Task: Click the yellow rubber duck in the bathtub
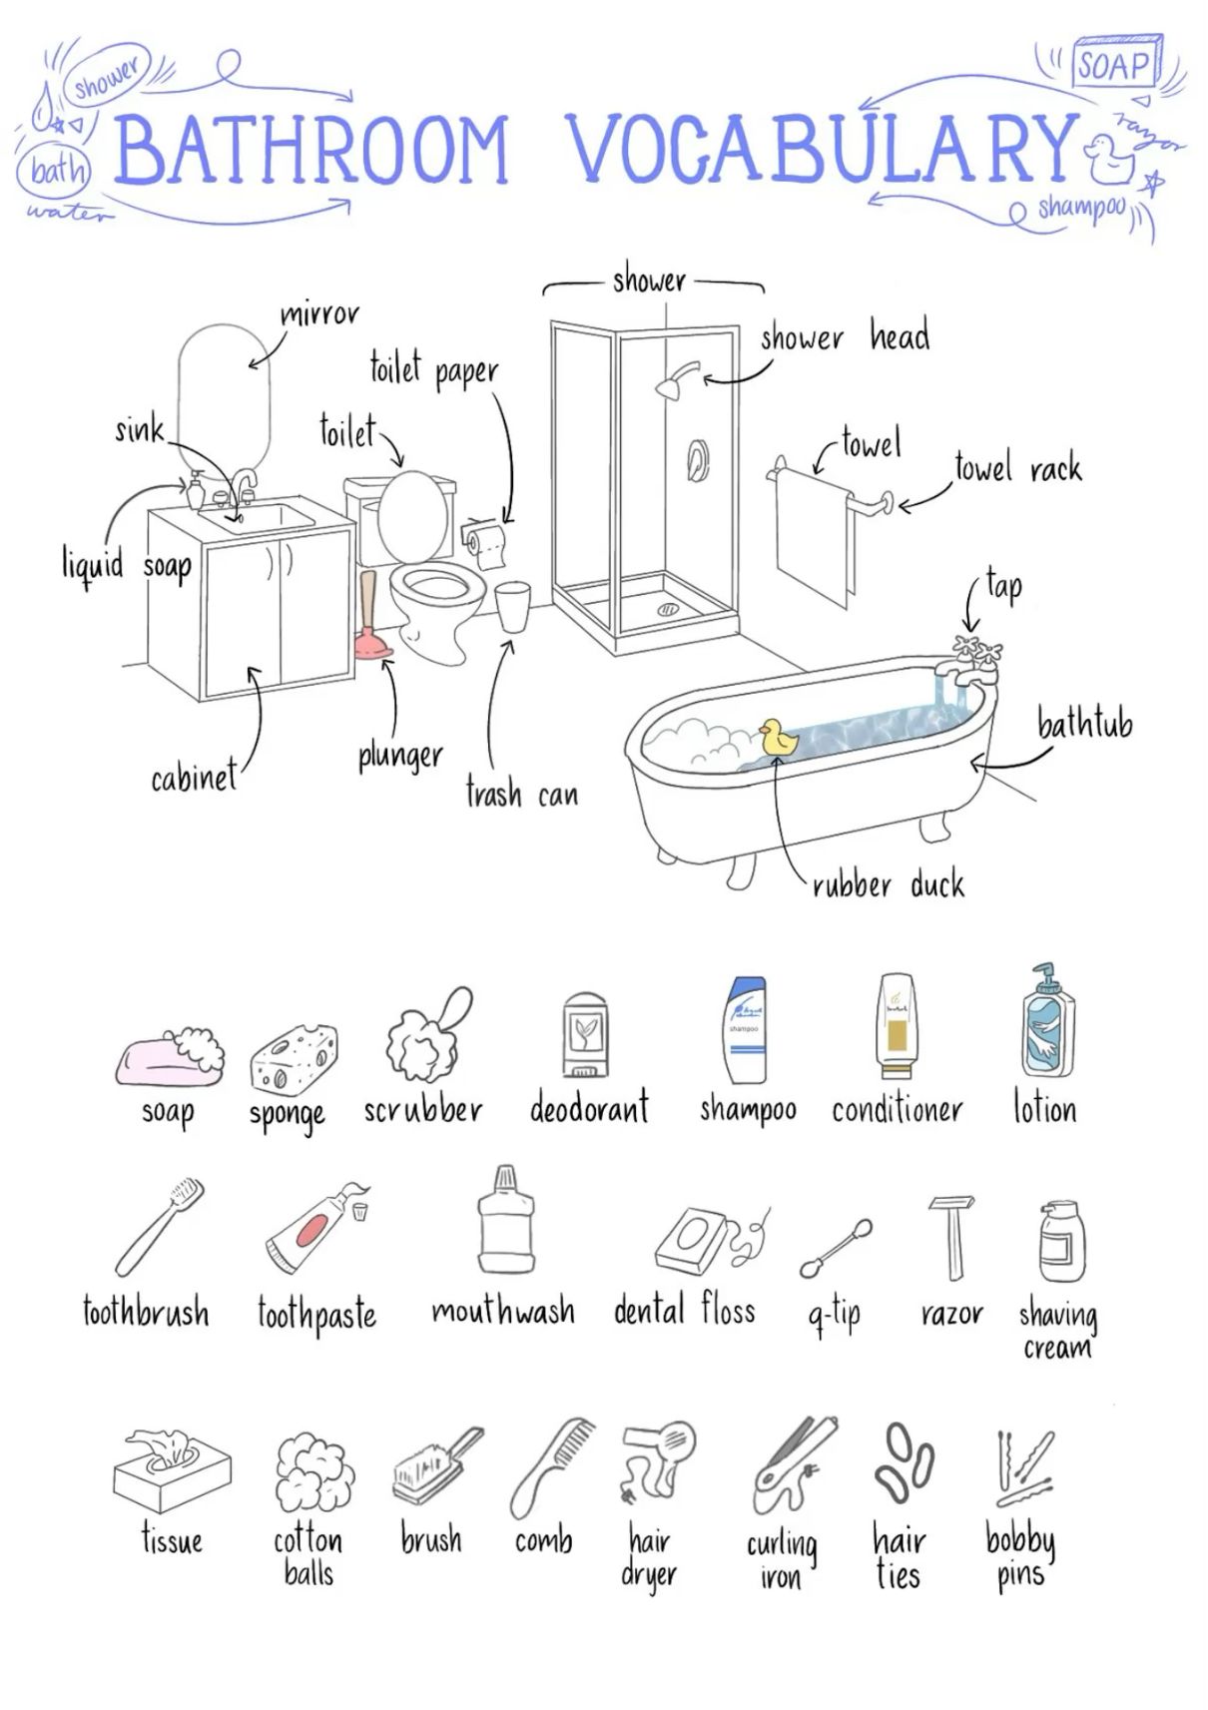pyautogui.click(x=778, y=738)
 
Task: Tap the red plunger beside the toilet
pyautogui.click(x=372, y=616)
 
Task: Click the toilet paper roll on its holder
pyautogui.click(x=485, y=543)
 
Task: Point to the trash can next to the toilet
pyautogui.click(x=513, y=607)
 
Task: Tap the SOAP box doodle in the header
pyautogui.click(x=1118, y=62)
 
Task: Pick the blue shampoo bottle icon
pyautogui.click(x=745, y=1030)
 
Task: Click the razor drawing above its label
pyautogui.click(x=951, y=1238)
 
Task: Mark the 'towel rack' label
pyautogui.click(x=1018, y=466)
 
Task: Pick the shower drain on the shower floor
pyautogui.click(x=669, y=609)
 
